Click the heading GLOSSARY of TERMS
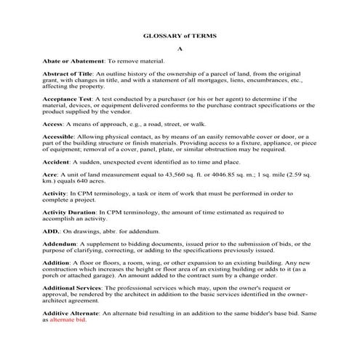click(x=180, y=36)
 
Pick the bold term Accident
click(x=56, y=164)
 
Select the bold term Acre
click(x=49, y=177)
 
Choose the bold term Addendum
click(x=60, y=244)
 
